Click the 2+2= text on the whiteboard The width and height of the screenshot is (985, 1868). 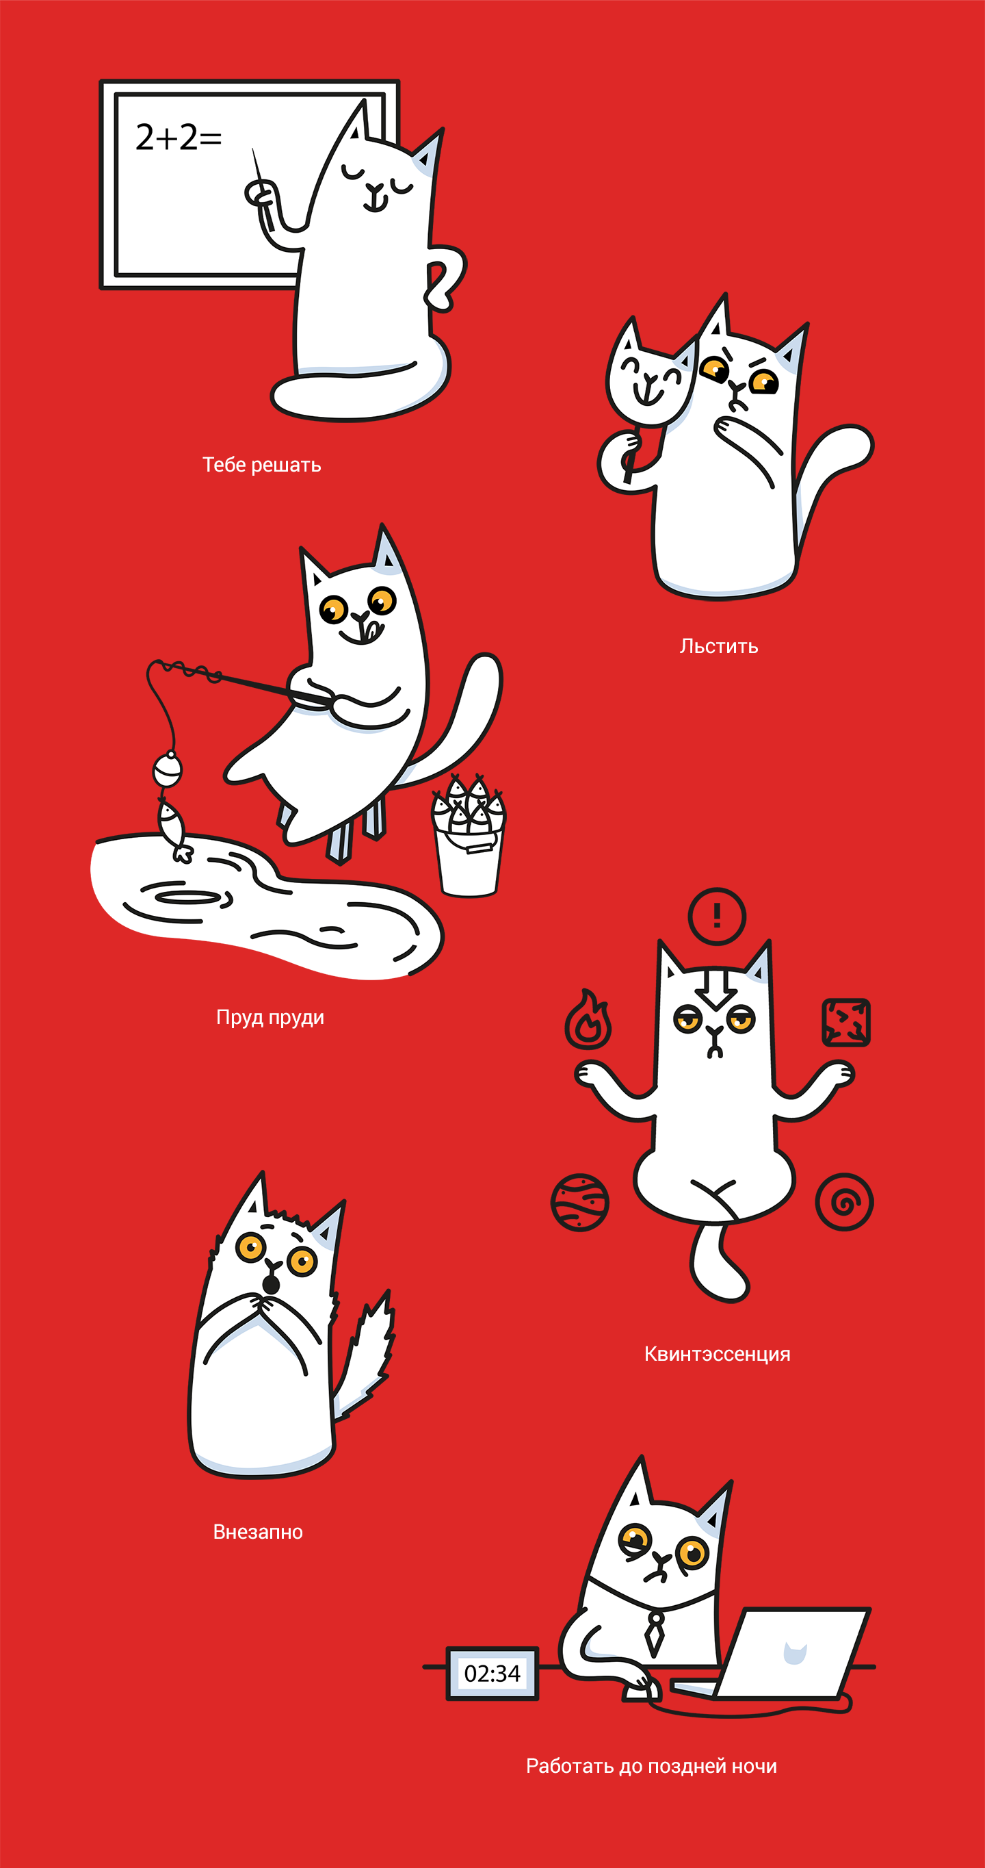[179, 137]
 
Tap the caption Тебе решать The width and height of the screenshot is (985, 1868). [262, 465]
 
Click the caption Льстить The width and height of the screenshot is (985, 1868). [719, 646]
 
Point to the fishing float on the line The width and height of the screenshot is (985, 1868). [168, 769]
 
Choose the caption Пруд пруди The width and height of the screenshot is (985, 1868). [270, 1017]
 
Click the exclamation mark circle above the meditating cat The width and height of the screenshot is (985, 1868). [717, 916]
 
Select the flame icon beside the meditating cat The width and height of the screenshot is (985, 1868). [588, 1019]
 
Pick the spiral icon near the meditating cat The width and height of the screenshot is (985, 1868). [844, 1202]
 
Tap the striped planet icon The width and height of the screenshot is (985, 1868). [580, 1202]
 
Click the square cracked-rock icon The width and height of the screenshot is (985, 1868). [847, 1023]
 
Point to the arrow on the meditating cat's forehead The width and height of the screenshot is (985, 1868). [717, 988]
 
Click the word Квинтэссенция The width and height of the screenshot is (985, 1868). [718, 1354]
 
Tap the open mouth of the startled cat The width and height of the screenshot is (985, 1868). [270, 1284]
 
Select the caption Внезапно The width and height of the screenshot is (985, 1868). [258, 1531]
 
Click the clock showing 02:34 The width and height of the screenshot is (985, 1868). [492, 1673]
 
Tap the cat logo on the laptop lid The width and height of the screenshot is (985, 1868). [795, 1652]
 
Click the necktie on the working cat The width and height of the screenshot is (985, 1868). [655, 1632]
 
